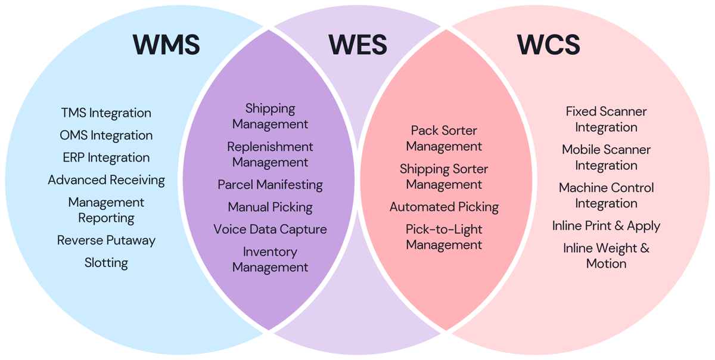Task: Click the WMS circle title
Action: tap(166, 45)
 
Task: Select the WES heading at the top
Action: tap(357, 45)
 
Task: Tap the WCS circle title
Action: tap(548, 45)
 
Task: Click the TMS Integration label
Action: tap(106, 113)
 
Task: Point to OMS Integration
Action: tap(106, 135)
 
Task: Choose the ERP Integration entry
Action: tap(106, 158)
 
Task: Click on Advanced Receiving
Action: tap(106, 180)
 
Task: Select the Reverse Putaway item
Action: tap(106, 240)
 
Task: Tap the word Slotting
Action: tap(106, 263)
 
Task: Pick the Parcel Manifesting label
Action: tap(270, 185)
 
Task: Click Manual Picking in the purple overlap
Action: tap(270, 207)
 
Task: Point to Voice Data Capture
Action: tap(270, 229)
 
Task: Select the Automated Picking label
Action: tap(444, 207)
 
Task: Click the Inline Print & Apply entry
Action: tap(606, 226)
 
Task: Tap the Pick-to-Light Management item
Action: tap(444, 237)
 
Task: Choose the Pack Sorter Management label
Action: tap(444, 138)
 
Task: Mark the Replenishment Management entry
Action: tap(270, 154)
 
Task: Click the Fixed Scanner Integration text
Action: tap(606, 119)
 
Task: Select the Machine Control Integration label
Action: tap(606, 195)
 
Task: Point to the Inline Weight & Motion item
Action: tap(606, 256)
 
